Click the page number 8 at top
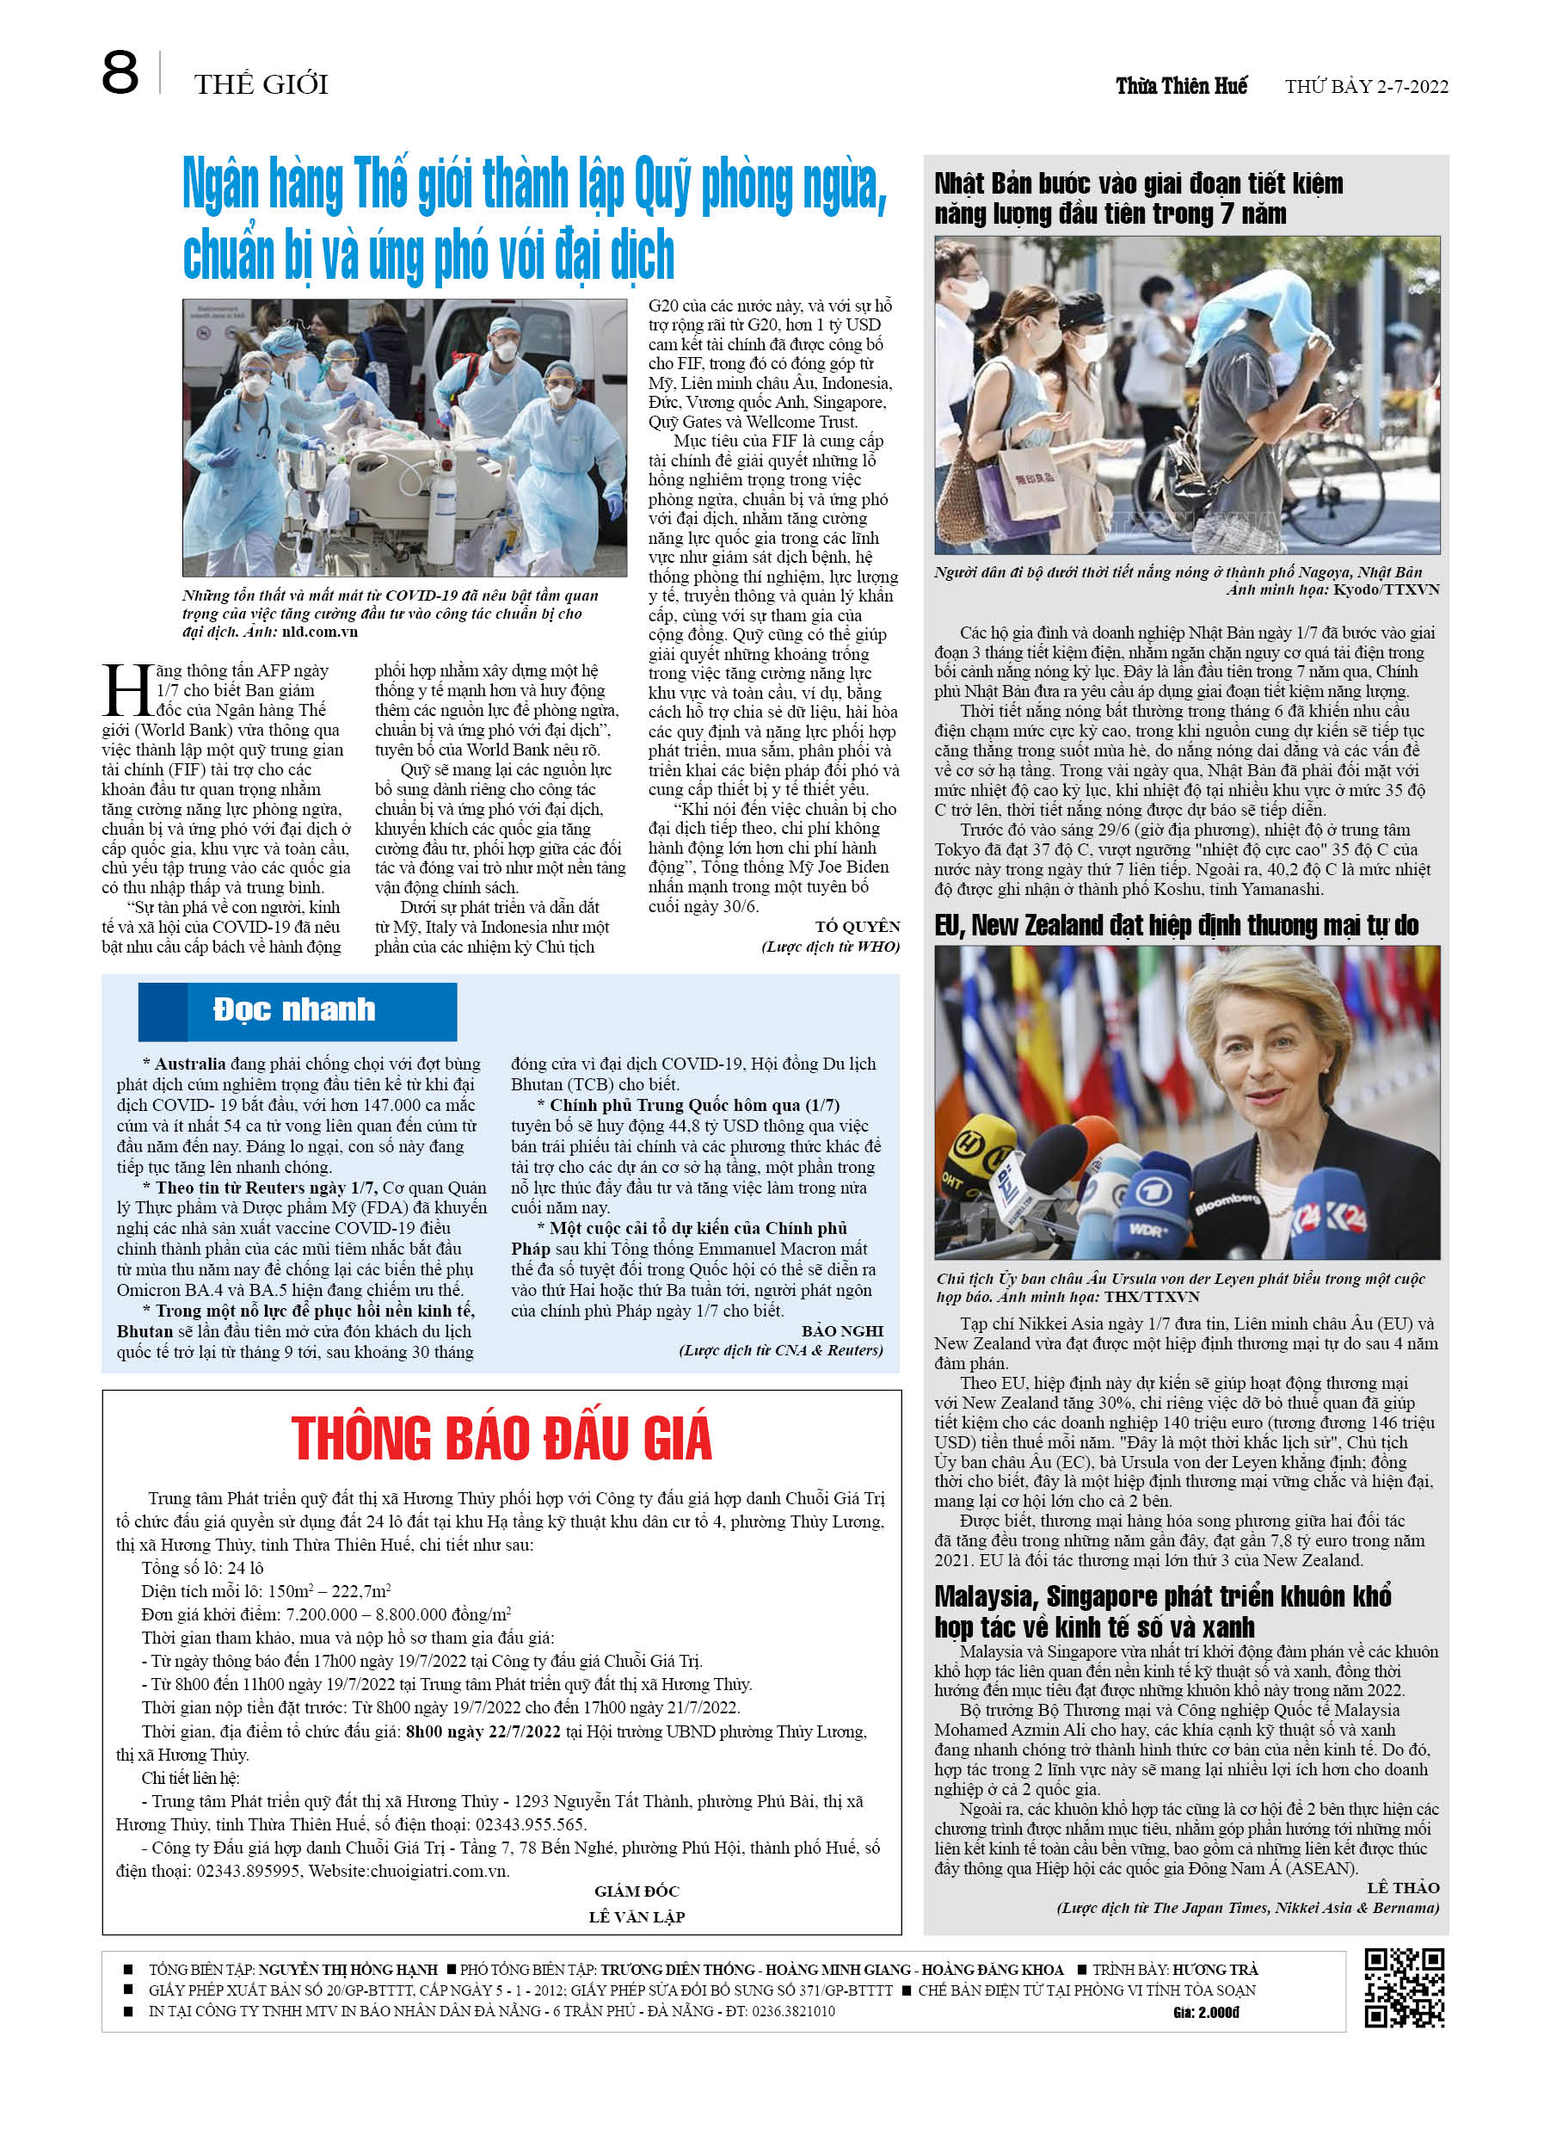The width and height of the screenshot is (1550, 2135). coord(120,73)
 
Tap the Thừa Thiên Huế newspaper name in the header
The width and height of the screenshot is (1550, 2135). coord(1180,87)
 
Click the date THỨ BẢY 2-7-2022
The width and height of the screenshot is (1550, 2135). coord(1366,88)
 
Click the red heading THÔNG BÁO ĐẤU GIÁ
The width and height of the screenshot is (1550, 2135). coord(501,1439)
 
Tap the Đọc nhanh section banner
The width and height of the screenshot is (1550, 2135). coord(297,1011)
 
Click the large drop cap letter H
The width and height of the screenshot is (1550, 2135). coord(127,692)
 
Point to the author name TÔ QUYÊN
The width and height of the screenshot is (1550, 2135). coord(857,926)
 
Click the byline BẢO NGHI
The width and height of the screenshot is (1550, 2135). coord(841,1330)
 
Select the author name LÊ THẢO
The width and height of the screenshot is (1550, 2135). coord(1402,1886)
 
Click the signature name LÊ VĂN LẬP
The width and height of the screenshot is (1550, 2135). coord(637,1916)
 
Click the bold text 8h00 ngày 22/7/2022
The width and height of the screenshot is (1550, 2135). coord(482,1731)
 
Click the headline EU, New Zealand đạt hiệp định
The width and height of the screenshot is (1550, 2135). coord(1176,925)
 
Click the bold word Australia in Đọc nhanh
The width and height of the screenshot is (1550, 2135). coord(190,1064)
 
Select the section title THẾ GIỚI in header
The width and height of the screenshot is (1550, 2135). coord(261,84)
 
